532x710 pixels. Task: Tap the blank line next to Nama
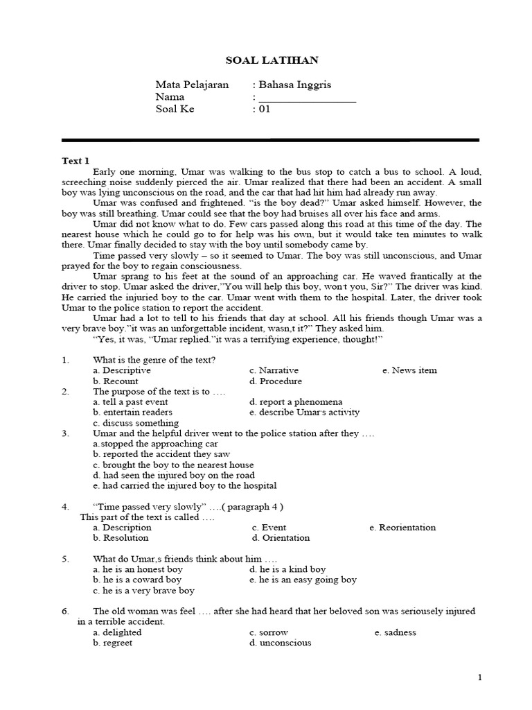tap(307, 98)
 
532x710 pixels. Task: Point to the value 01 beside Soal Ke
tap(264, 109)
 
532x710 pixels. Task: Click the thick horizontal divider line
tap(270, 140)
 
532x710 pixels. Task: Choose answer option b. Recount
tap(115, 381)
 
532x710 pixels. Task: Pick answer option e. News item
tap(409, 370)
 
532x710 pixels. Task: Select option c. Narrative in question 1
tap(275, 370)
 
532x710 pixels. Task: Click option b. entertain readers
tap(132, 412)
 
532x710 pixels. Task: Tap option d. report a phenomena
tap(296, 401)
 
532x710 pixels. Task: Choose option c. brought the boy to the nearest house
tap(173, 465)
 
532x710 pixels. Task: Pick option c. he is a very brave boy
tap(143, 590)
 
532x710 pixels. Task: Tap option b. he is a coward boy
tap(137, 579)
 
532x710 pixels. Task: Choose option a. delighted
tap(117, 632)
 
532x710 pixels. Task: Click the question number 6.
tap(65, 611)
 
